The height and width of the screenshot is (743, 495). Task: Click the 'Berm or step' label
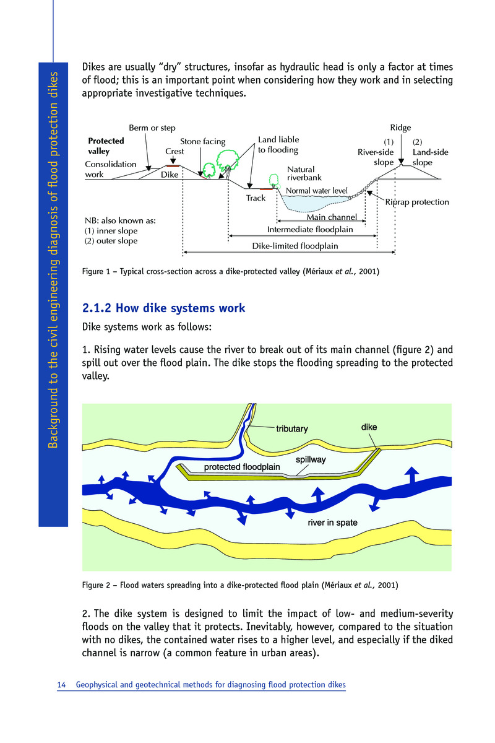(152, 128)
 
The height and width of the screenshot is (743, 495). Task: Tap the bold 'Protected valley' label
(106, 146)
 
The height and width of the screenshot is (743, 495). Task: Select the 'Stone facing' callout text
(202, 142)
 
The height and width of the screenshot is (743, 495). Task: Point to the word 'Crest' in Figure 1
(175, 151)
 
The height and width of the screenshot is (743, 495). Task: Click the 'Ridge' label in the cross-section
(400, 128)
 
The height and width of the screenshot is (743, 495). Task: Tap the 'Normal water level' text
(317, 191)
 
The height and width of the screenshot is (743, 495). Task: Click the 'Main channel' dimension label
(332, 217)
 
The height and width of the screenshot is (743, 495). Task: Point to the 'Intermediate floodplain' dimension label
(310, 230)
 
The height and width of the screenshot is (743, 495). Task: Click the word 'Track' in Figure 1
(256, 198)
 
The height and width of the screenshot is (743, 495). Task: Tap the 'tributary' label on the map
(291, 428)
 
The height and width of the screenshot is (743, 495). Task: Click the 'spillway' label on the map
(310, 460)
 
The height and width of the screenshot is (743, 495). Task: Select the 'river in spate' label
(332, 523)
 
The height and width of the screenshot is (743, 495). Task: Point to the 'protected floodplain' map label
(242, 466)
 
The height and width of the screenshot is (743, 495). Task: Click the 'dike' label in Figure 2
(369, 427)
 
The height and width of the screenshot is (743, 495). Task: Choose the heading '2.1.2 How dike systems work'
(164, 308)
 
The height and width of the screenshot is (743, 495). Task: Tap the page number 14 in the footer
(61, 685)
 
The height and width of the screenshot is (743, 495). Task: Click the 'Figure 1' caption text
(231, 272)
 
